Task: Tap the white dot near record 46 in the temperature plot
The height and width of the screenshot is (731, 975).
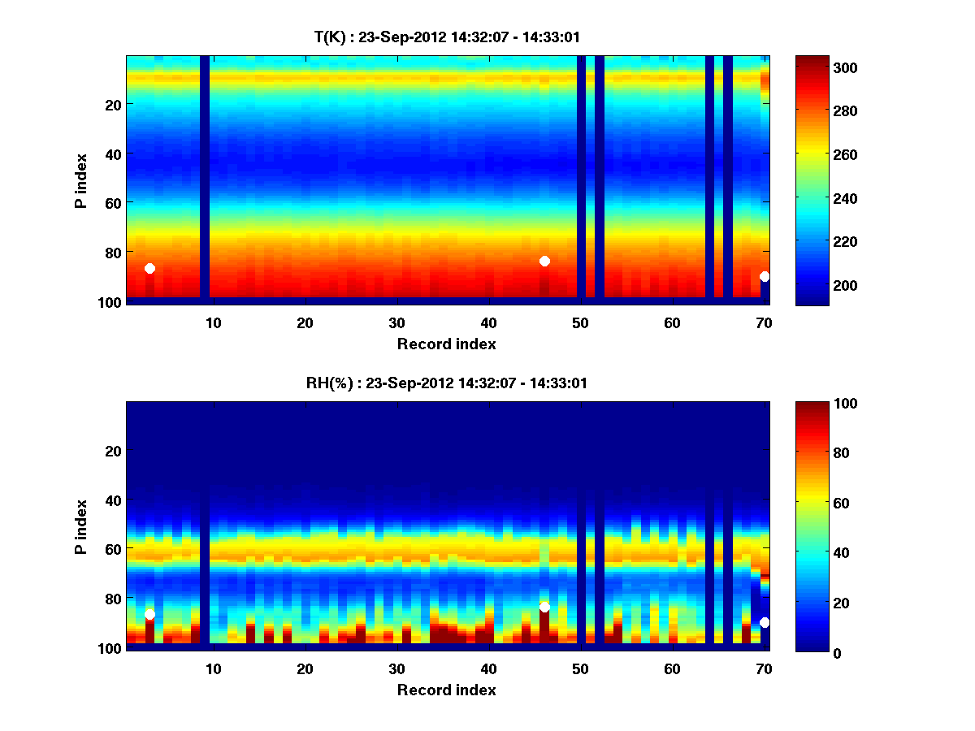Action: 544,261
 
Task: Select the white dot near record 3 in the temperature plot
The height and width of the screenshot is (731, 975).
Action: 149,268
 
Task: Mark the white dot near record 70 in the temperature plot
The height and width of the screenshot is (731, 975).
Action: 765,277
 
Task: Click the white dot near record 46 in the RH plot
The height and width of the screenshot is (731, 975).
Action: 544,607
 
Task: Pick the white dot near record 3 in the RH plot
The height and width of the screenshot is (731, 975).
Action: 149,614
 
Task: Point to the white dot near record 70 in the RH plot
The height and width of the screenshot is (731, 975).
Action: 765,622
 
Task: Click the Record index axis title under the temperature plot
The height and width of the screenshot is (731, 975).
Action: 446,344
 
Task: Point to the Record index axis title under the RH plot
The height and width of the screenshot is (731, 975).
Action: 446,690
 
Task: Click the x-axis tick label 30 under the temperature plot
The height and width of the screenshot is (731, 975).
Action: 396,322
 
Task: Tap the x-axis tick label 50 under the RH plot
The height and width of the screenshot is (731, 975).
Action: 580,668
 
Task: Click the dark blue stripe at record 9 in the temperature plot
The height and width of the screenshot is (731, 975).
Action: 205,179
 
